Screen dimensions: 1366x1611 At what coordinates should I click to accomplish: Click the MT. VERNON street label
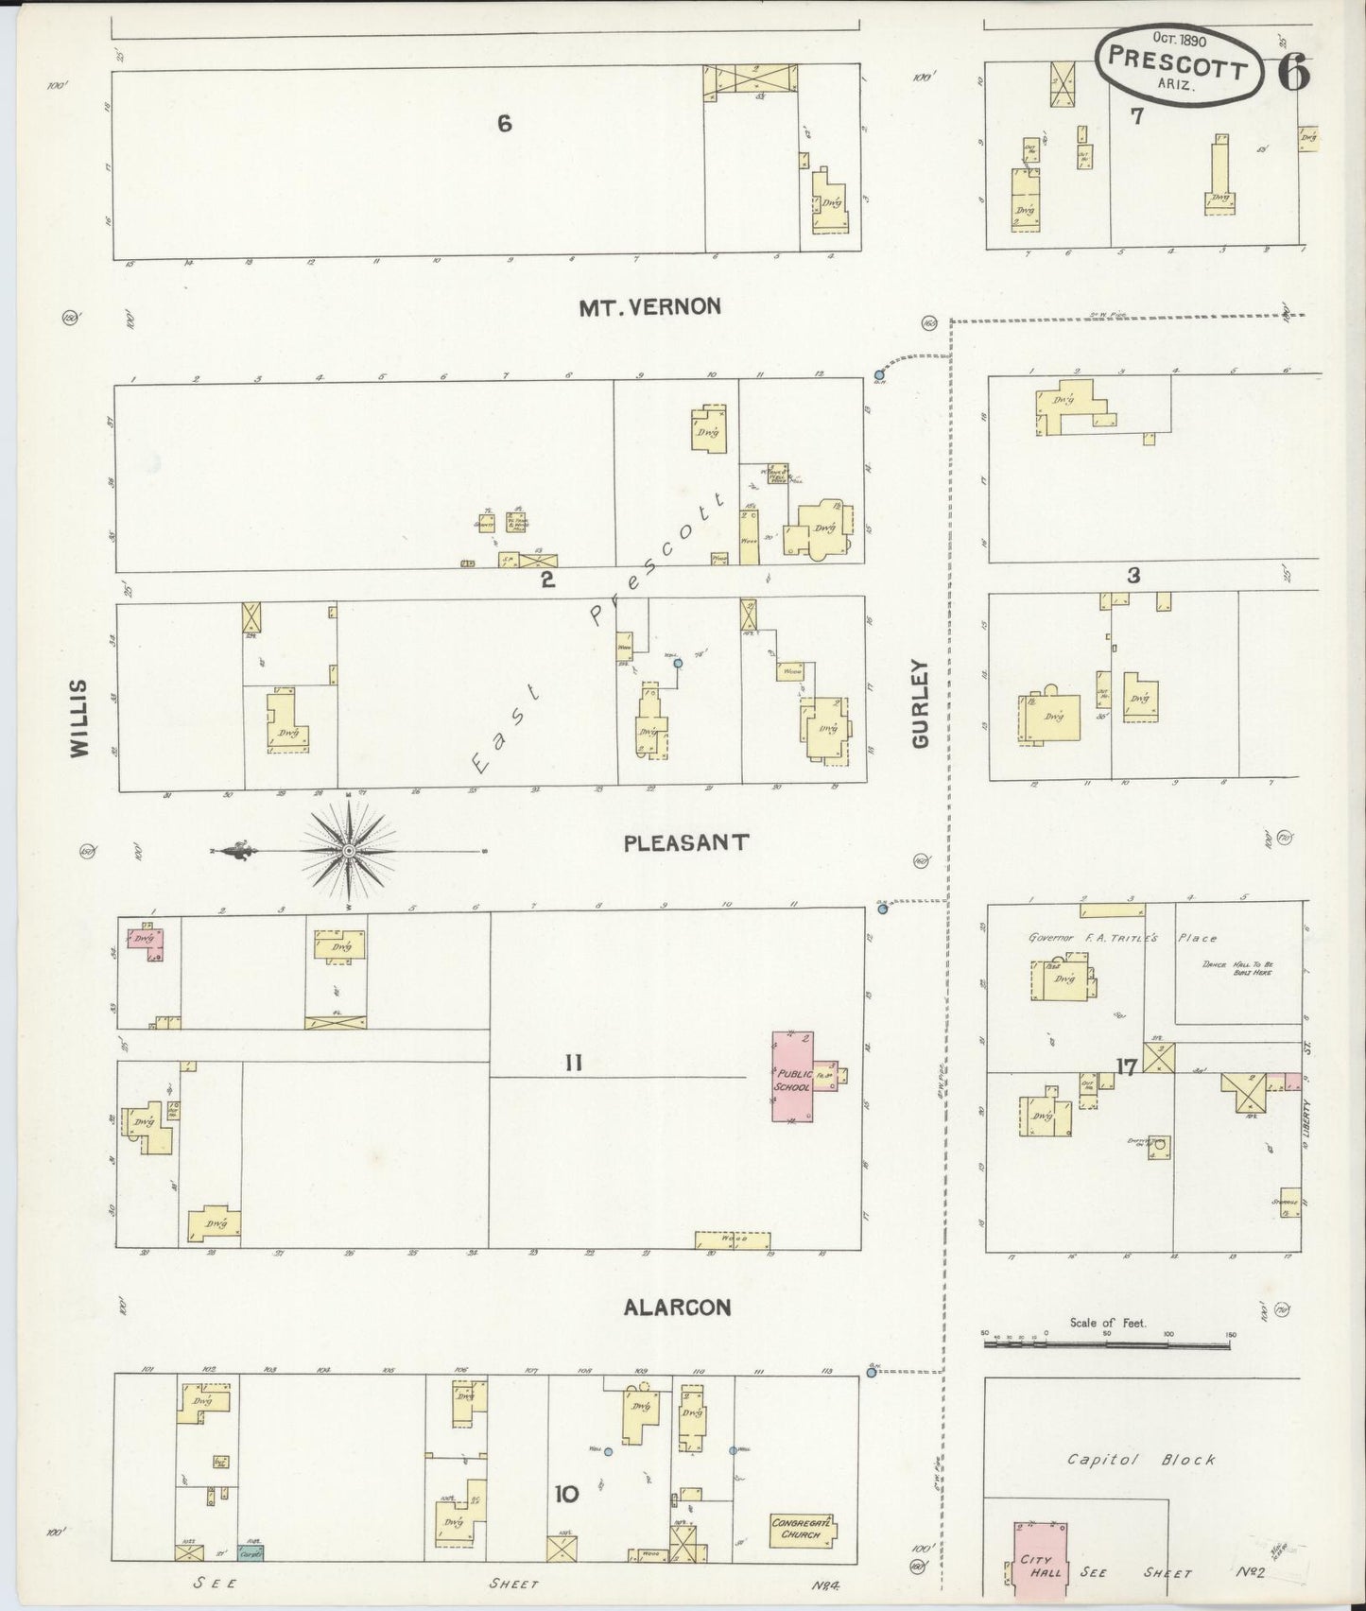650,306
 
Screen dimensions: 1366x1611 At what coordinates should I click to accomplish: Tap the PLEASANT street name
686,842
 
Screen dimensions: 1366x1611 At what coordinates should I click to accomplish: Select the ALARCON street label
677,1308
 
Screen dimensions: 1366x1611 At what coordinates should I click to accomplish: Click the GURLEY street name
922,704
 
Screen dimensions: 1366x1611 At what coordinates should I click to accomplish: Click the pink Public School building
796,1078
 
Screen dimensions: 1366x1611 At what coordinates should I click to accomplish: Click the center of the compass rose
350,851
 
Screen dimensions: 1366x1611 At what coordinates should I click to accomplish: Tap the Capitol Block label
1142,1460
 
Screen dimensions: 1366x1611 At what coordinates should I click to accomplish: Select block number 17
1125,1068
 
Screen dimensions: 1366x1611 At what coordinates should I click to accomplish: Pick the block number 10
566,1495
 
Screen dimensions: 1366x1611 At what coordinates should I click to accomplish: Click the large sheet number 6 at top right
1294,73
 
